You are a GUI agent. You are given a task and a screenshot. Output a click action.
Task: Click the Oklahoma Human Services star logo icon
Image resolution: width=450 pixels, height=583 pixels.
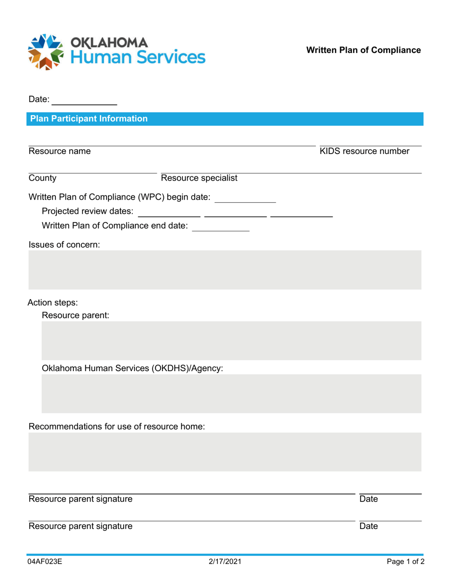coord(45,52)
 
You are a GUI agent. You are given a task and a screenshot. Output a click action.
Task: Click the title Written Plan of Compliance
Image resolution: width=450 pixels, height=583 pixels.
coord(363,50)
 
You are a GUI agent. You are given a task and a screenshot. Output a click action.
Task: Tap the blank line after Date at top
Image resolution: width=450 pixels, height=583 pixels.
coord(84,101)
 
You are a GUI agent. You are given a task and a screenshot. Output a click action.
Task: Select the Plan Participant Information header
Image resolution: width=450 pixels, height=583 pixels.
coord(89,118)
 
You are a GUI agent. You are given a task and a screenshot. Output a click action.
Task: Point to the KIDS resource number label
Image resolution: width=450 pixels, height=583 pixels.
coord(364,152)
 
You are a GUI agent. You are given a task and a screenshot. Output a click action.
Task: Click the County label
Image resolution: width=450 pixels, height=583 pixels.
coord(43,178)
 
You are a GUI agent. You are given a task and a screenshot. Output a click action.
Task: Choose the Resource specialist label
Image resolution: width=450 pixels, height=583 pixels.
coord(199,178)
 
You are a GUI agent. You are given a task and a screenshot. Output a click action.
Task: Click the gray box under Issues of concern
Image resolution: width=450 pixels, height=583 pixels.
coord(225,271)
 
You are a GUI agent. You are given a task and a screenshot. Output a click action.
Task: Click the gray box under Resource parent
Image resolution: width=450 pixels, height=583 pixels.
coord(231,340)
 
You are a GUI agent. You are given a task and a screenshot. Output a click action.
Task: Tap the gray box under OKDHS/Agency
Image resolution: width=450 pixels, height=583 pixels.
coord(231,393)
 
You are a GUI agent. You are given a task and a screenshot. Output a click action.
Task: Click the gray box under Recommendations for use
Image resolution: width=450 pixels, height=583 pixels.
coord(225,452)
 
